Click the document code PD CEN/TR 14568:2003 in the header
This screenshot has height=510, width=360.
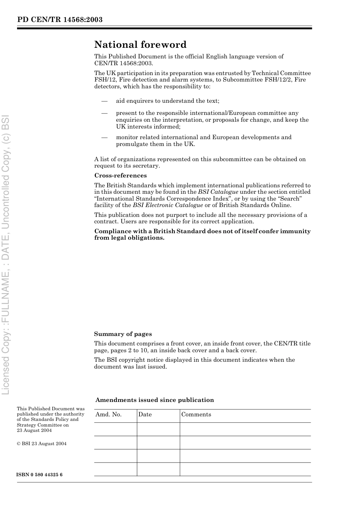click(60, 20)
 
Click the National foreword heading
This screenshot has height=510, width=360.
click(140, 45)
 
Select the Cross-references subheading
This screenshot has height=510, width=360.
click(120, 176)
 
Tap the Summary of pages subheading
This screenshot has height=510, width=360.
click(123, 334)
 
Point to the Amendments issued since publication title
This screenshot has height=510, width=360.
click(155, 400)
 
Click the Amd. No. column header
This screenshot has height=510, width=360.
click(108, 414)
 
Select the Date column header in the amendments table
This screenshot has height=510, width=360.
click(145, 414)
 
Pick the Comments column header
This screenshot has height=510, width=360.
click(196, 414)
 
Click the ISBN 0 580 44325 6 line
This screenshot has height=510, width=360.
click(40, 475)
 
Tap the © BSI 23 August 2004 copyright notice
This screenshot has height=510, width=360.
click(42, 444)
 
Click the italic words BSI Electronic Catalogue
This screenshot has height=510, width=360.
click(167, 205)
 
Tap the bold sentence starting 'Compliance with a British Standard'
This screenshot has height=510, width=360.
click(202, 234)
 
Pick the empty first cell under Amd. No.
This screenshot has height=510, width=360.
click(115, 429)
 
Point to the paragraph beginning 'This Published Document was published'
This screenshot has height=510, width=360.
click(50, 419)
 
